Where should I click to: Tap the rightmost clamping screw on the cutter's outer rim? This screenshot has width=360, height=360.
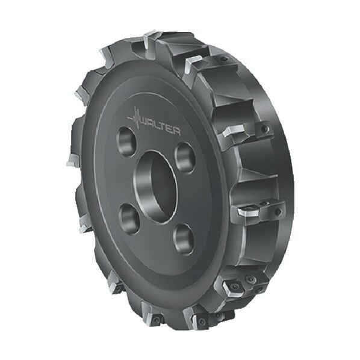(x=278, y=211)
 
